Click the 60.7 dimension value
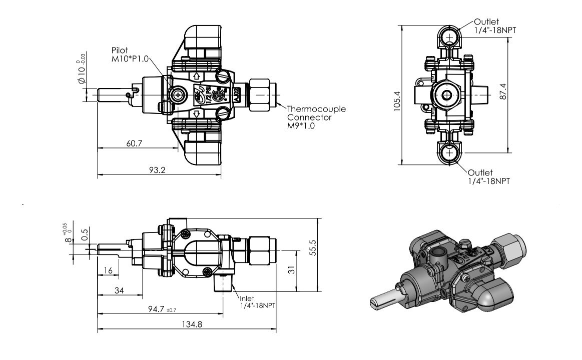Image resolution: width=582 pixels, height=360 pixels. [134, 143]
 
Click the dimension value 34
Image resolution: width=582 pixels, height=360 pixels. [119, 290]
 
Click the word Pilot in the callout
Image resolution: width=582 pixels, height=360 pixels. [121, 51]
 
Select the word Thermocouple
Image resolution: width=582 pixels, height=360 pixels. [316, 109]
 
